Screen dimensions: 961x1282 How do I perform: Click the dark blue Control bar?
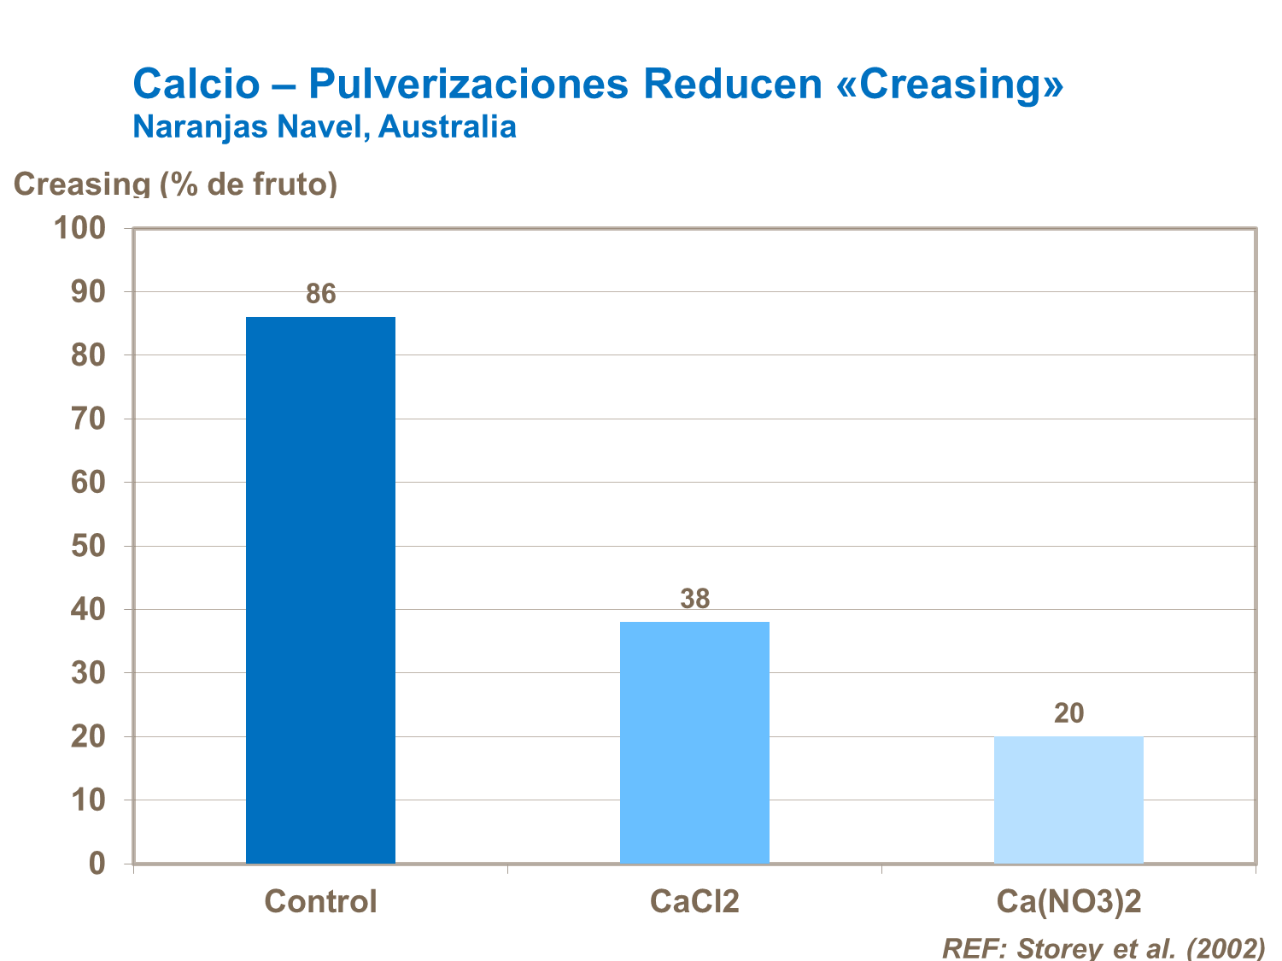pos(320,589)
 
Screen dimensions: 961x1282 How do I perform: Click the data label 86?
pos(321,295)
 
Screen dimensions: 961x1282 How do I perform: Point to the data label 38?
pos(695,600)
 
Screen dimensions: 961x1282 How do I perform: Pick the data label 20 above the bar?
pos(1068,713)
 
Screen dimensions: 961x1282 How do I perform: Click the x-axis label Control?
pos(320,902)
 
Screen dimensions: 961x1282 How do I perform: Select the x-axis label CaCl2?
pos(694,902)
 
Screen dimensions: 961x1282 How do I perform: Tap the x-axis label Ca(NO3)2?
pos(1068,902)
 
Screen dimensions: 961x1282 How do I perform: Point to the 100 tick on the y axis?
pos(79,228)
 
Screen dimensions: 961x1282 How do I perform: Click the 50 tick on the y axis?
pos(88,546)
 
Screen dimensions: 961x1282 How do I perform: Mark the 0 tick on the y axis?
pos(97,864)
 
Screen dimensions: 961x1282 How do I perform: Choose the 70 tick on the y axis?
pos(88,419)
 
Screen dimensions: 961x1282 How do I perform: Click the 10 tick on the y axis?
pos(88,800)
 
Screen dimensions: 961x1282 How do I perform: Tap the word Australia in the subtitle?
pos(448,126)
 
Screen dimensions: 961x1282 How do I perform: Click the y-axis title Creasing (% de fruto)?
pos(175,184)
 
